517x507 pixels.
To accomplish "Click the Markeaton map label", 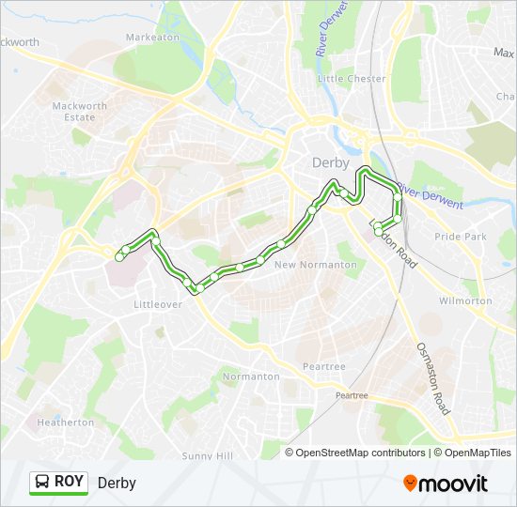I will (152, 37).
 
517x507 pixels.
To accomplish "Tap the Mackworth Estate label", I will (73, 112).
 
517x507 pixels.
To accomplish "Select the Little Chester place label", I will (352, 79).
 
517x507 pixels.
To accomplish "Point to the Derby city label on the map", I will (330, 162).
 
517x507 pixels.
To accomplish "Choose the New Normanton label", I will (315, 265).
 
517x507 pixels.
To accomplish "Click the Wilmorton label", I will (465, 301).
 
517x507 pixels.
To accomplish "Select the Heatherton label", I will (65, 422).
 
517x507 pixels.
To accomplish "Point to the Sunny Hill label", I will (208, 455).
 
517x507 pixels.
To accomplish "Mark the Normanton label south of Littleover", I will (251, 376).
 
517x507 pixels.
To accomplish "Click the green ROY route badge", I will (59, 483).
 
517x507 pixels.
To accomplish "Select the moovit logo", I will (446, 483).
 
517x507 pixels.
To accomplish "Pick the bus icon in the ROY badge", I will (43, 483).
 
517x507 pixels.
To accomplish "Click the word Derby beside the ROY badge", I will (117, 483).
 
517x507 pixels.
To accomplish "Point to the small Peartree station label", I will (352, 396).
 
